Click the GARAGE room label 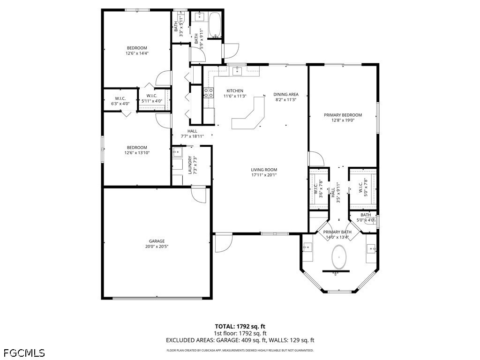pos(157,241)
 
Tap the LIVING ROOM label pos(264,170)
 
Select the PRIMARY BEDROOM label pos(343,115)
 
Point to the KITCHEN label pos(235,91)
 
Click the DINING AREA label pos(286,95)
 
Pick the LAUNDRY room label pos(190,165)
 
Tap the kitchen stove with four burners pos(209,93)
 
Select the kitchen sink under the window pos(237,71)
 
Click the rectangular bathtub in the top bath pos(215,25)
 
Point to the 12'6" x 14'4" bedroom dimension pos(137,53)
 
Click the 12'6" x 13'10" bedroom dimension pos(137,153)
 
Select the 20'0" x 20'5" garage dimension pos(157,247)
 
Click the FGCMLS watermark pos(24,353)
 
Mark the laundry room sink pos(177,152)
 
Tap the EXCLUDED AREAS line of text pos(240,340)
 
